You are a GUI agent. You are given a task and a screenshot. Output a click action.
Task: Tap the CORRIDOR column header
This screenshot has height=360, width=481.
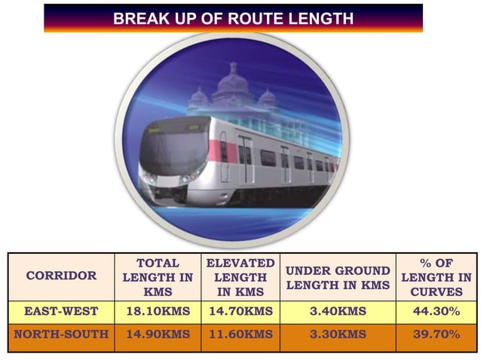62,276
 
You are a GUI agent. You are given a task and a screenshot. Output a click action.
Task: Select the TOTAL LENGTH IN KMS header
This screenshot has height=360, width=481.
157,276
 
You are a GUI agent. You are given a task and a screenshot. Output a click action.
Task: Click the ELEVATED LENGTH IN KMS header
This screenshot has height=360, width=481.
240,276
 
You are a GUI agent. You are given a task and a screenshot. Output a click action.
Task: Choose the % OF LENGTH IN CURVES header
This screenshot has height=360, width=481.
434,276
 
